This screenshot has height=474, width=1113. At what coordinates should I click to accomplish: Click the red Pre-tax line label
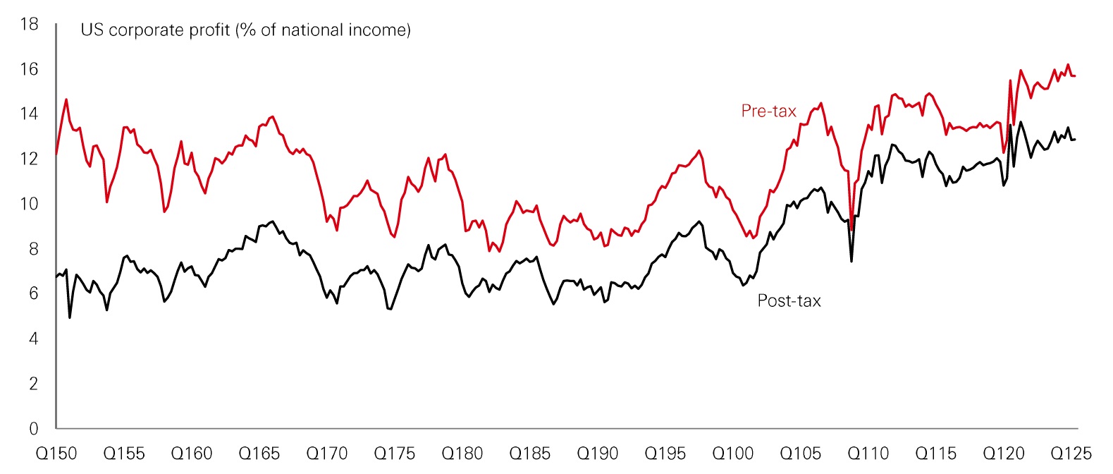pos(768,111)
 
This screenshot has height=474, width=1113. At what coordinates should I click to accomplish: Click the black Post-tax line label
pos(789,301)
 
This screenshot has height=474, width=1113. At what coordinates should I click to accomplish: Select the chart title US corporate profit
pos(245,30)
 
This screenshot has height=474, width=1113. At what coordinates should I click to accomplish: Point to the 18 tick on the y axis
pos(29,24)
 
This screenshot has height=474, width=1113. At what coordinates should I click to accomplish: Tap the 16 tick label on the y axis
pos(29,69)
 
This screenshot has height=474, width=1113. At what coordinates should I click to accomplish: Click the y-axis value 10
pos(29,204)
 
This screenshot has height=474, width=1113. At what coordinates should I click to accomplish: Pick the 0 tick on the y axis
pos(33,429)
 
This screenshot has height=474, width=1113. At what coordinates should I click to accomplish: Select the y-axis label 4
pos(33,339)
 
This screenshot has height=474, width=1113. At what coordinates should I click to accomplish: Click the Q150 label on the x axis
pos(56,454)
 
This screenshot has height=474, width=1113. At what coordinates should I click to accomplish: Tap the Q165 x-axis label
pos(259,454)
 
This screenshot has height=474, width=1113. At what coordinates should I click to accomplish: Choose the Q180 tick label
pos(462,454)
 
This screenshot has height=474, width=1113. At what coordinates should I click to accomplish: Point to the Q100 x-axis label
pos(733,454)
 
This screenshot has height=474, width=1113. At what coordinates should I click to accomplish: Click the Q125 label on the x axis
pos(1071,454)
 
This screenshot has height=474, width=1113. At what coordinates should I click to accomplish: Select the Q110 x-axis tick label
pos(868,454)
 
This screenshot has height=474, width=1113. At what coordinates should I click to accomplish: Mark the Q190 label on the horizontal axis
pos(598,454)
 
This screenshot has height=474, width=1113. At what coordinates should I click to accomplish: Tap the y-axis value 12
pos(29,159)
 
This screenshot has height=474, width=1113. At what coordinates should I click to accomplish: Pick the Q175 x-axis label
pos(395,454)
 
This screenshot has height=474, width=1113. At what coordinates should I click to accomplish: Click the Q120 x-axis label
pos(1004,454)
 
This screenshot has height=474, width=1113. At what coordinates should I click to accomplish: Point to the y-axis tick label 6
pos(33,293)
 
